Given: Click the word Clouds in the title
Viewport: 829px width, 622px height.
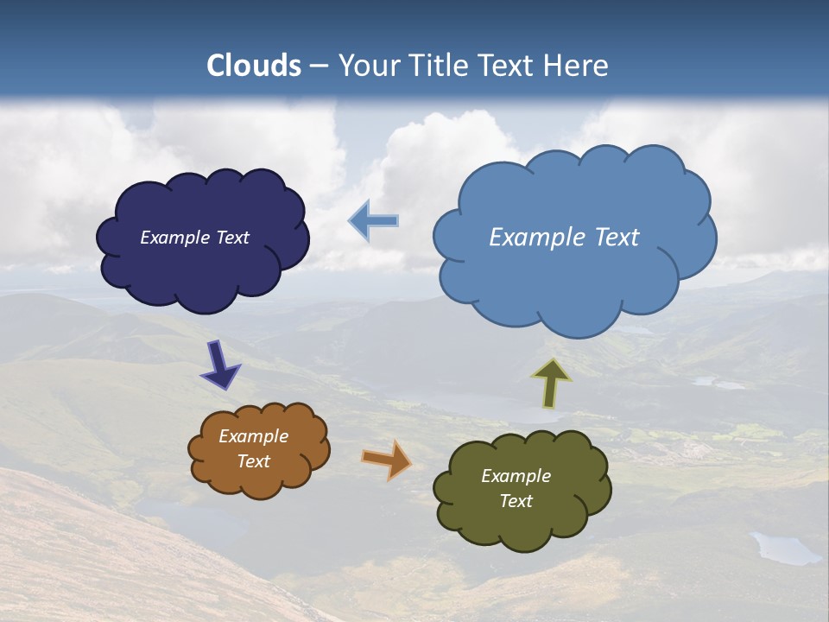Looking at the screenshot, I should coord(254,66).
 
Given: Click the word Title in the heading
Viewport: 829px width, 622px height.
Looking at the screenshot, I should coord(437,66).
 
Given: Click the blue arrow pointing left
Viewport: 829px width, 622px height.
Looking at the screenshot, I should coord(374,220).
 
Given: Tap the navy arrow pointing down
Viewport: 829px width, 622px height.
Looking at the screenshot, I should coord(220,364).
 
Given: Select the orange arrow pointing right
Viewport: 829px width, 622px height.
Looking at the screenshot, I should coord(388,459).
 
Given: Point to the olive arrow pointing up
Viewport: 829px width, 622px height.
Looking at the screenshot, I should coord(551,383).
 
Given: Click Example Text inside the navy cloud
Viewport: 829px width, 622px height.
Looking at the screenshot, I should coord(194,238).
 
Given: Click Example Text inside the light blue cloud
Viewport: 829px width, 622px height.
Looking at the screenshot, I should coord(564,238).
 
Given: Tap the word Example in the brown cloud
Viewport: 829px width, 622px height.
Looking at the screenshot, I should coord(253,436).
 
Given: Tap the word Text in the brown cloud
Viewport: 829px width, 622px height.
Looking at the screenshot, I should coord(253,461).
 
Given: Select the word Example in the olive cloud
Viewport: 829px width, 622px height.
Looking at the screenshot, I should coord(516,476).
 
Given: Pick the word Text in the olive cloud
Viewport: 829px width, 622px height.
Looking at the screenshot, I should coord(516,501).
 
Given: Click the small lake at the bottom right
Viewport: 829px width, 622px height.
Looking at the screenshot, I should coord(784,549).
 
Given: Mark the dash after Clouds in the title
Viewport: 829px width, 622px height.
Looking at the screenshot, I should coord(319,67).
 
